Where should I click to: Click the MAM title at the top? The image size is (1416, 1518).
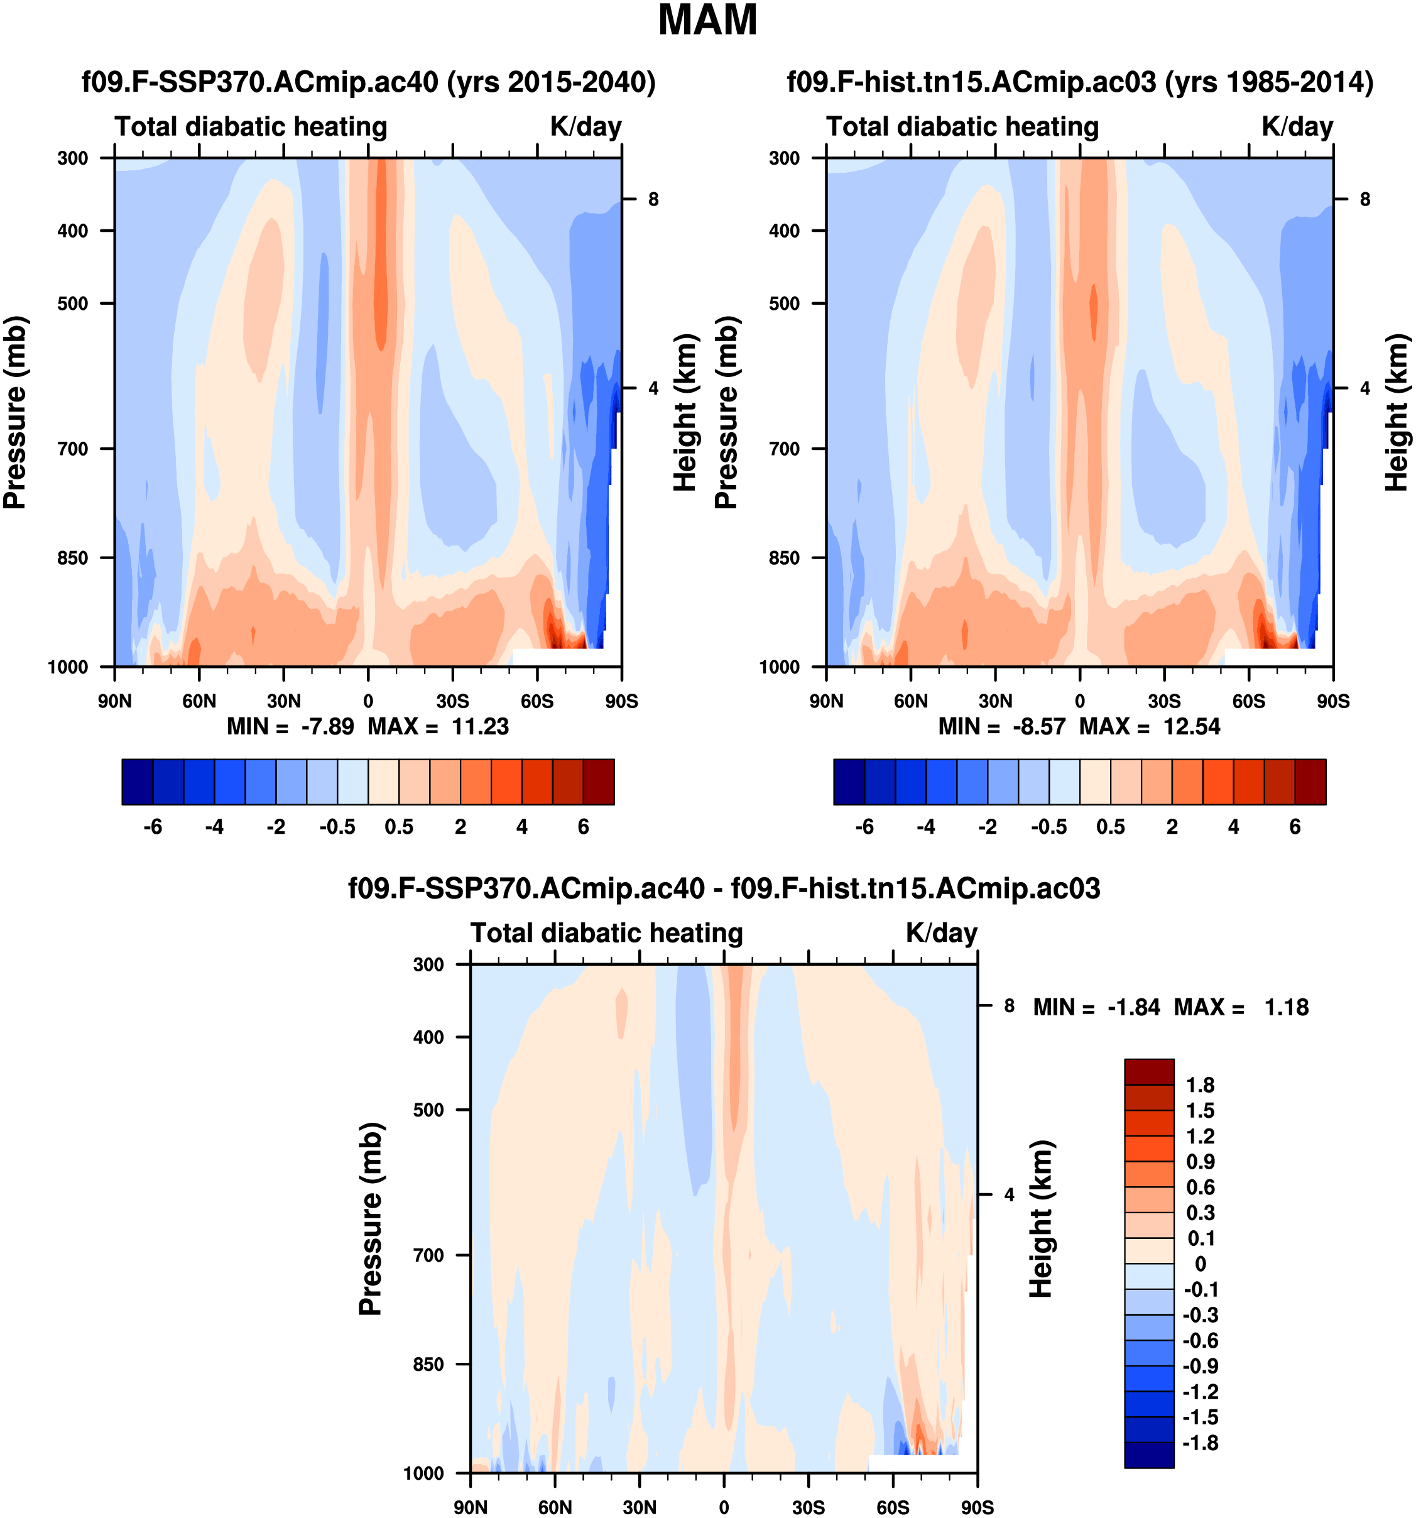pyautogui.click(x=707, y=21)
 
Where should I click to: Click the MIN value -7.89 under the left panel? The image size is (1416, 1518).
pyautogui.click(x=327, y=726)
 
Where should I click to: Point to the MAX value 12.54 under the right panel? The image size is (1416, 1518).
pyautogui.click(x=1192, y=726)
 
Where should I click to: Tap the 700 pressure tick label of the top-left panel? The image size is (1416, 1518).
pyautogui.click(x=74, y=449)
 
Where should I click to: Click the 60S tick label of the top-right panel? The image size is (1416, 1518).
pyautogui.click(x=1249, y=701)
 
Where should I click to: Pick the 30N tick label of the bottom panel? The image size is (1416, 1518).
pyautogui.click(x=640, y=1507)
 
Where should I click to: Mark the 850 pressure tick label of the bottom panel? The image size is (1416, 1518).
pyautogui.click(x=428, y=1365)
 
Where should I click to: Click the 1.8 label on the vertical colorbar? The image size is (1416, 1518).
pyautogui.click(x=1200, y=1085)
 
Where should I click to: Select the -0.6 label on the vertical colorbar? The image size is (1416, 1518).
pyautogui.click(x=1200, y=1341)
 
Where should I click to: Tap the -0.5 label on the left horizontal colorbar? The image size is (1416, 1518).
pyautogui.click(x=337, y=827)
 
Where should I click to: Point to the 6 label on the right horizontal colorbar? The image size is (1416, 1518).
pyautogui.click(x=1295, y=827)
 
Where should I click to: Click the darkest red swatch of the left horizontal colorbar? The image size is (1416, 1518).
pyautogui.click(x=599, y=782)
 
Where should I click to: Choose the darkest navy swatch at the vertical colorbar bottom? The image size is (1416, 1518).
pyautogui.click(x=1149, y=1455)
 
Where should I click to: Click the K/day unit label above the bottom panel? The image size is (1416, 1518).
pyautogui.click(x=941, y=933)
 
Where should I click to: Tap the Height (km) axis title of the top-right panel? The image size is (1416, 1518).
pyautogui.click(x=1396, y=412)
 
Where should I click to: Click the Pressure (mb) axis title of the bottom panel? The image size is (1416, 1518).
pyautogui.click(x=370, y=1219)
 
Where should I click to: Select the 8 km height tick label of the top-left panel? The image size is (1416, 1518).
pyautogui.click(x=653, y=199)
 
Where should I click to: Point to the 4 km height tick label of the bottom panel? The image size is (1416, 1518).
pyautogui.click(x=1009, y=1195)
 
